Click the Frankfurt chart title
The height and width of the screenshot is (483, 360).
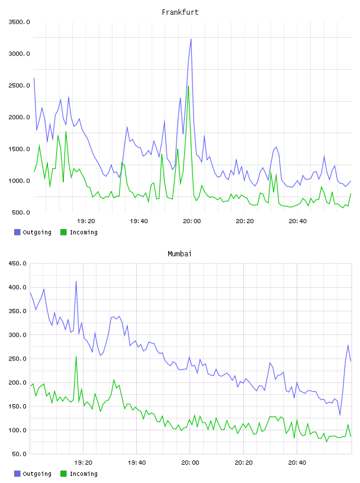click(x=180, y=12)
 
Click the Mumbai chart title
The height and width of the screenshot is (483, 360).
click(x=179, y=253)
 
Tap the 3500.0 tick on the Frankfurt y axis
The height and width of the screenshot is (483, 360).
click(x=19, y=22)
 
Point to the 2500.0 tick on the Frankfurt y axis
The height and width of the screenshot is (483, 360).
click(x=19, y=85)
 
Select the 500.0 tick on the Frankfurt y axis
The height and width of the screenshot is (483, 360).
click(x=21, y=212)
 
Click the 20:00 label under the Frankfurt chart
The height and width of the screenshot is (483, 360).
click(x=192, y=221)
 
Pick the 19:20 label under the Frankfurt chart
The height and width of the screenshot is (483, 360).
click(x=86, y=221)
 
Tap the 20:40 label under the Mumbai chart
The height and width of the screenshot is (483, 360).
click(x=297, y=462)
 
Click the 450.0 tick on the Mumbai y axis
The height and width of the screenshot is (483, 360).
click(x=17, y=263)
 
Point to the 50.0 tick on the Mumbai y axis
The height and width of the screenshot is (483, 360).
click(x=19, y=454)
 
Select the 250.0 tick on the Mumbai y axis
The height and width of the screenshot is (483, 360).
click(x=17, y=359)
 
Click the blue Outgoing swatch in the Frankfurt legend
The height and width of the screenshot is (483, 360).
click(x=17, y=232)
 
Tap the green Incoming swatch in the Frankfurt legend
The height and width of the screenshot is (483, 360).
click(x=63, y=232)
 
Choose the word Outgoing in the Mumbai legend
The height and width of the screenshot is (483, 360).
click(x=37, y=474)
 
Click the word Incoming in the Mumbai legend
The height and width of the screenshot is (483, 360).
click(x=83, y=474)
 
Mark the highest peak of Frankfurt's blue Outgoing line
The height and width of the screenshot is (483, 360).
click(x=191, y=39)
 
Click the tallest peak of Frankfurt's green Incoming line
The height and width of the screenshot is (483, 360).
click(x=188, y=86)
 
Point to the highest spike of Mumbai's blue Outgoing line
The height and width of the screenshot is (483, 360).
click(x=76, y=281)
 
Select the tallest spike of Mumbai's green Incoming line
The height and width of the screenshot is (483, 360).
click(x=76, y=357)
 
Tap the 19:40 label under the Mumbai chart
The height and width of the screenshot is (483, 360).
click(x=137, y=462)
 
